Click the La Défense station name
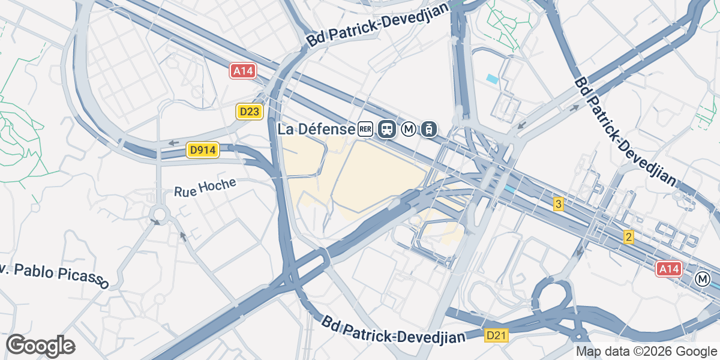pyautogui.click(x=316, y=129)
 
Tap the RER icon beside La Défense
pyautogui.click(x=365, y=128)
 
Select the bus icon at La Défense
pyautogui.click(x=387, y=129)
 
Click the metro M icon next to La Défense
pyautogui.click(x=409, y=129)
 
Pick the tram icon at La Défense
pyautogui.click(x=429, y=129)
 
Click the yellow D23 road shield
pyautogui.click(x=250, y=112)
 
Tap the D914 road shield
pyautogui.click(x=203, y=150)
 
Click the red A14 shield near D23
pyautogui.click(x=243, y=71)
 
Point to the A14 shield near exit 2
pyautogui.click(x=669, y=268)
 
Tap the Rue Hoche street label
pyautogui.click(x=206, y=188)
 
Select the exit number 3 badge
pyautogui.click(x=559, y=205)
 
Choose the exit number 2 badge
pyautogui.click(x=628, y=237)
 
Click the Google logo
pyautogui.click(x=40, y=346)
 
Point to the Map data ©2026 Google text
pyautogui.click(x=646, y=352)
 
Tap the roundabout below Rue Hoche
pyautogui.click(x=160, y=214)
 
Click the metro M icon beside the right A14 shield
pyautogui.click(x=702, y=279)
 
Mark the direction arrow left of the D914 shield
pyautogui.click(x=174, y=143)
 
